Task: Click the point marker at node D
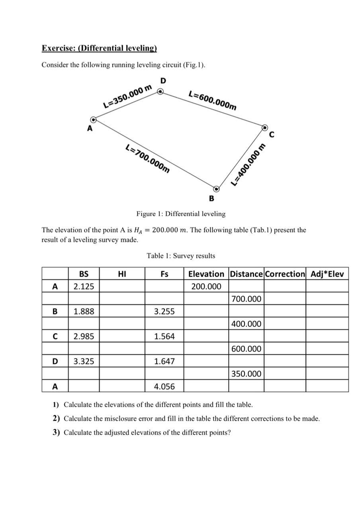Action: pyautogui.click(x=160, y=92)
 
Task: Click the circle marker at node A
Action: pyautogui.click(x=93, y=120)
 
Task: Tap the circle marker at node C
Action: pyautogui.click(x=265, y=127)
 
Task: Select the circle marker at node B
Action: pyautogui.click(x=216, y=188)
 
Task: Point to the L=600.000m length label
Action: pyautogui.click(x=213, y=100)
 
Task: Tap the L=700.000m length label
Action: pyautogui.click(x=148, y=159)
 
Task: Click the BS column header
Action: pyautogui.click(x=84, y=274)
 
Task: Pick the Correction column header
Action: pyautogui.click(x=285, y=274)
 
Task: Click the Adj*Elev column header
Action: pyautogui.click(x=327, y=274)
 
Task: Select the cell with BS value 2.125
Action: pyautogui.click(x=84, y=286)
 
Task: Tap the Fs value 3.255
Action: pyautogui.click(x=164, y=311)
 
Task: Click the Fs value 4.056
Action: pyautogui.click(x=164, y=386)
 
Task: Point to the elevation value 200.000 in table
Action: pyautogui.click(x=206, y=286)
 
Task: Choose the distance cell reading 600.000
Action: pyautogui.click(x=246, y=349)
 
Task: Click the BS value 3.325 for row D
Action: pyautogui.click(x=84, y=361)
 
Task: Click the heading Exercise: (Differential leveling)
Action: pyautogui.click(x=99, y=48)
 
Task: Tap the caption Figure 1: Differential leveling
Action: pyautogui.click(x=181, y=214)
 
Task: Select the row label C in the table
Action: pyautogui.click(x=55, y=336)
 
